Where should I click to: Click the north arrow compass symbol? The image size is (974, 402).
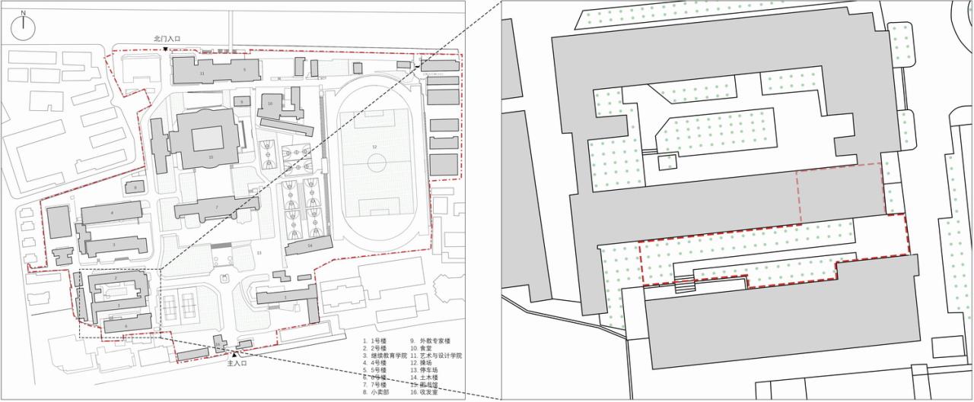pyautogui.click(x=24, y=27)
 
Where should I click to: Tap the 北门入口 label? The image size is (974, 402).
pyautogui.click(x=167, y=38)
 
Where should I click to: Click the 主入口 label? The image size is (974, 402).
pyautogui.click(x=234, y=363)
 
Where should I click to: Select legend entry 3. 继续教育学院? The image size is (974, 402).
pyautogui.click(x=385, y=355)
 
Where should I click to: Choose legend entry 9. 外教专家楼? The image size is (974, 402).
pyautogui.click(x=431, y=340)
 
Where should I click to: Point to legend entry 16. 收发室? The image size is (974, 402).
pyautogui.click(x=423, y=392)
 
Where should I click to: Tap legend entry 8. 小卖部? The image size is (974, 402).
pyautogui.click(x=380, y=392)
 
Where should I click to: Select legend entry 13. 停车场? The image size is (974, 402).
pyautogui.click(x=423, y=370)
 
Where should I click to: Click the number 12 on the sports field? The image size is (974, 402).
pyautogui.click(x=374, y=146)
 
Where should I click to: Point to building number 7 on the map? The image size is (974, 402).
pyautogui.click(x=216, y=207)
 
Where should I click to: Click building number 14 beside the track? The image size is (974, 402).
pyautogui.click(x=310, y=246)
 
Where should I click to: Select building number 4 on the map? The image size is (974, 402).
pyautogui.click(x=112, y=213)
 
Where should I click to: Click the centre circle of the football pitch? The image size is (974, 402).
pyautogui.click(x=375, y=163)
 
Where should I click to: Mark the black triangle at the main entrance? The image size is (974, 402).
pyautogui.click(x=234, y=353)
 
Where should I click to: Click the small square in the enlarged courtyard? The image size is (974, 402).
pyautogui.click(x=667, y=162)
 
